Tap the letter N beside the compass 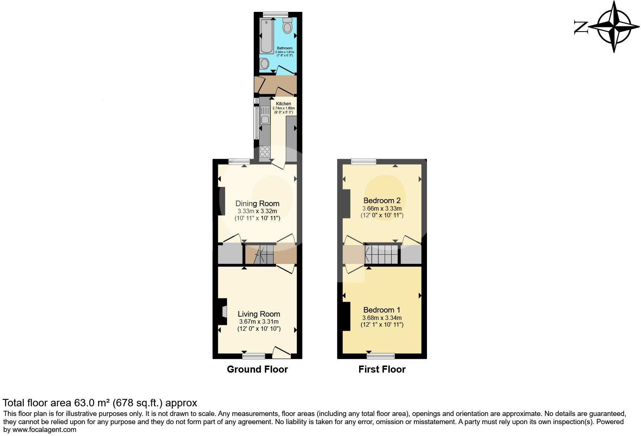coord(581,27)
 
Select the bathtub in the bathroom coord(266,36)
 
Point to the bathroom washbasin coord(264,64)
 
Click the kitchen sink coord(265,115)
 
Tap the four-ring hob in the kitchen coord(265,152)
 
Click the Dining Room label coord(257,204)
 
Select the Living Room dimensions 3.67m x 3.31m coord(259,322)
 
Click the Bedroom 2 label coord(382,201)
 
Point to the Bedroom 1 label coord(382,310)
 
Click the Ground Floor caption coord(257,369)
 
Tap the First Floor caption coord(382,369)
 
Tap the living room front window coord(254,356)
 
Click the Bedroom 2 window coord(364,161)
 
